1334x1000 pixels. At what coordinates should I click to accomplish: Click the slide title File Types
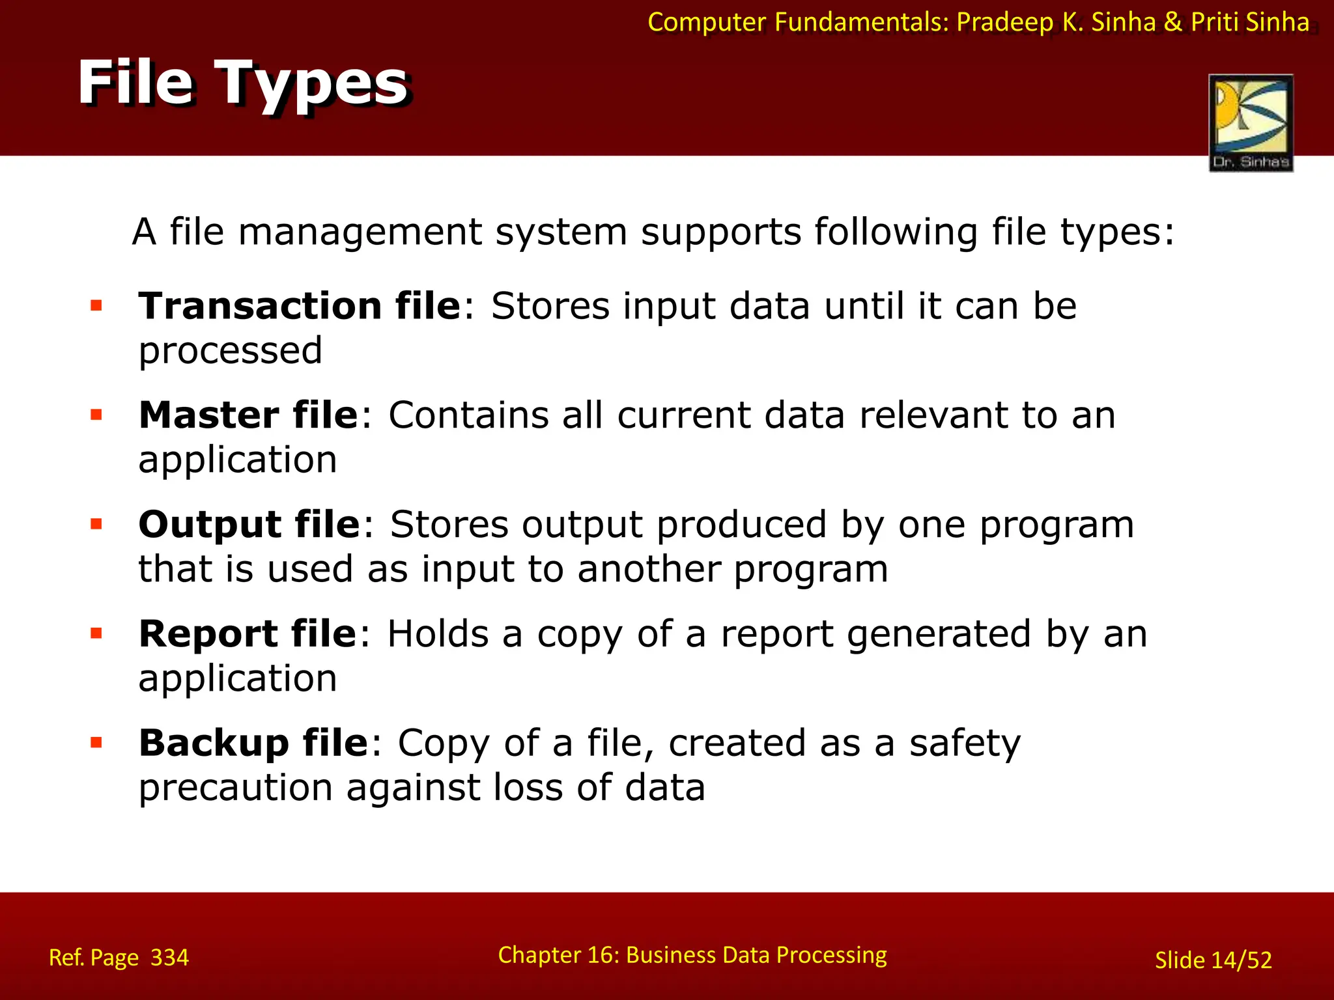[242, 83]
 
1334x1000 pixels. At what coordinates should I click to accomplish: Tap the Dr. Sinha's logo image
[1251, 122]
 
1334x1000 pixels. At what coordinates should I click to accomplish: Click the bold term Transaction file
[300, 306]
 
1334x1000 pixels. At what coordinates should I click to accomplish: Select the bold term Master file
[248, 415]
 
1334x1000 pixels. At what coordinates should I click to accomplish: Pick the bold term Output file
[249, 525]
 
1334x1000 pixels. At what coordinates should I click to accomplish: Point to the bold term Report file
[248, 634]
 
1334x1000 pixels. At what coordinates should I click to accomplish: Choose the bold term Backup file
[253, 743]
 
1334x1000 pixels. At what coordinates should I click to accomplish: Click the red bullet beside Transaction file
[96, 305]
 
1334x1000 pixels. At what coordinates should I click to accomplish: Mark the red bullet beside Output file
[96, 524]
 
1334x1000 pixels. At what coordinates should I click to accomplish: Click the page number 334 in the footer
[169, 958]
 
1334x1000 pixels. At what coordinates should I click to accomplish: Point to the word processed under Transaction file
[231, 352]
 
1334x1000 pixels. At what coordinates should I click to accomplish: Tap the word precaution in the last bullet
[236, 788]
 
